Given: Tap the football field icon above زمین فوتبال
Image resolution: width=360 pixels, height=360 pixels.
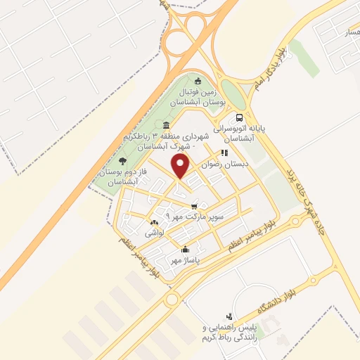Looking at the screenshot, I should [198, 79].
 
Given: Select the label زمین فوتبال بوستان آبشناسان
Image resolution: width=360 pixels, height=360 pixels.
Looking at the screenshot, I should [202, 97].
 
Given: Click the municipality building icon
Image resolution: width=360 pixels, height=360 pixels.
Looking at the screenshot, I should [166, 124].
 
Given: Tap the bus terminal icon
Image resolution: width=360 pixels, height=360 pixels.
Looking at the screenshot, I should [240, 117].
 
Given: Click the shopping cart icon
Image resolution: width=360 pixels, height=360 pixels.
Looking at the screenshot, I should [194, 206].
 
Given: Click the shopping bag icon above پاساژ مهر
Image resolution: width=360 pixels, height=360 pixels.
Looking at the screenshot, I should [185, 248].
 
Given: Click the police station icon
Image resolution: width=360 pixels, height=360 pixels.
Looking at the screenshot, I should [229, 316].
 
